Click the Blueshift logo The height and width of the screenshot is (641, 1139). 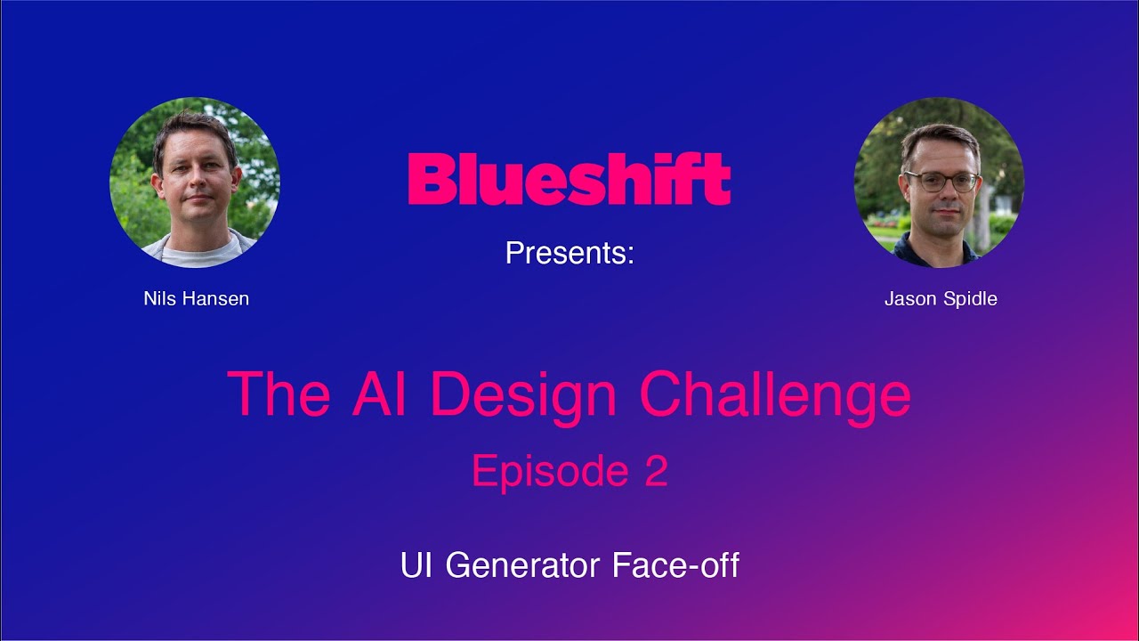[569, 179]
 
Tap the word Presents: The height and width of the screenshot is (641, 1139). [569, 254]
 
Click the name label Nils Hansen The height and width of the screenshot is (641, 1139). [196, 299]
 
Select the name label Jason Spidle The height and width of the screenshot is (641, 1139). [941, 299]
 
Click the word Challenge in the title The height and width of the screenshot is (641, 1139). [774, 394]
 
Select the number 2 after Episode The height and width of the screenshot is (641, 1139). [656, 471]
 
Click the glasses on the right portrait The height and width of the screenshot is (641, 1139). [941, 181]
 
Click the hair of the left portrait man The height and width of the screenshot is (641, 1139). [195, 129]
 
